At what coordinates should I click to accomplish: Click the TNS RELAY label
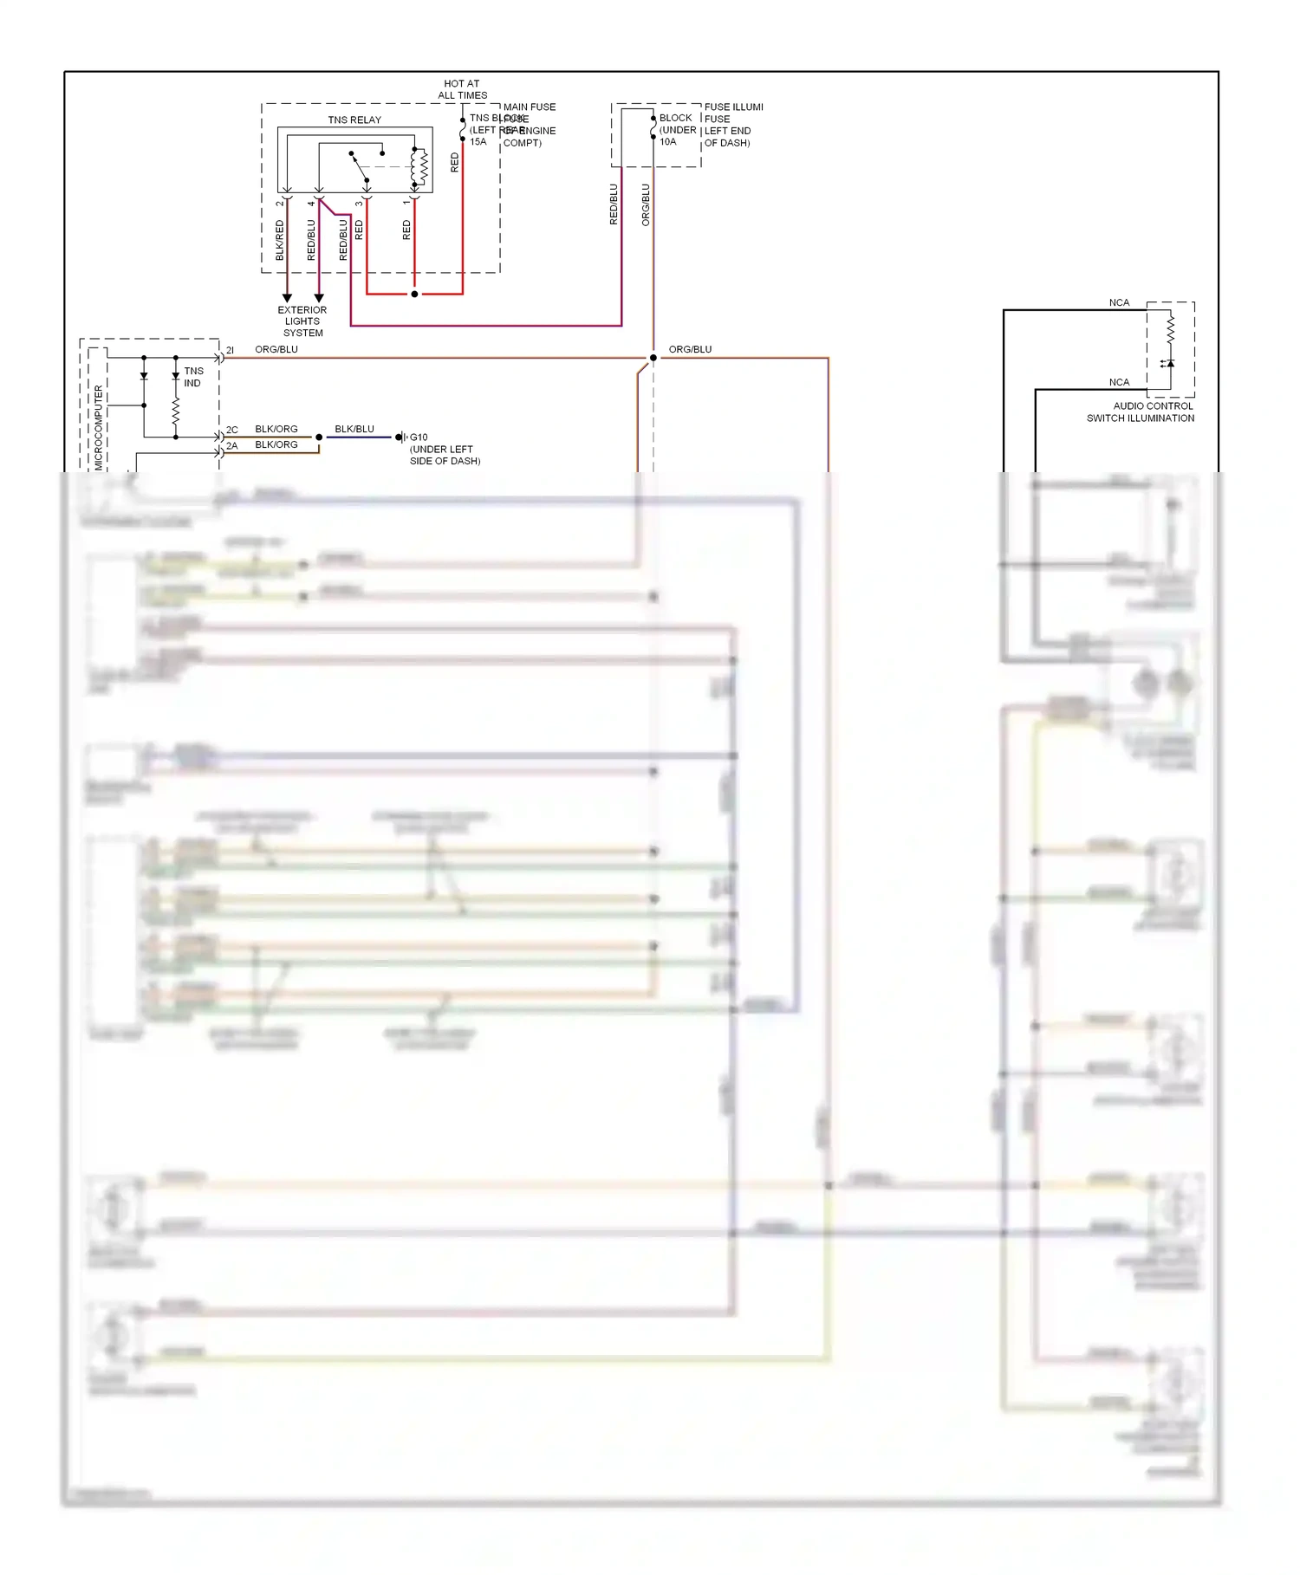coord(354,120)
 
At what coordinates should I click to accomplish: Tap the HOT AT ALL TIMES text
coord(462,89)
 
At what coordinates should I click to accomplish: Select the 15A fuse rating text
coord(478,142)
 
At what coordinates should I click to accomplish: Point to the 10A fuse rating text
coord(667,142)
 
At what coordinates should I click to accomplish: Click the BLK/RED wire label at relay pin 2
coord(279,240)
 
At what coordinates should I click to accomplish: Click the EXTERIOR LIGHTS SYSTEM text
coord(302,321)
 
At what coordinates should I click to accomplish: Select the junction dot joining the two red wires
coord(414,295)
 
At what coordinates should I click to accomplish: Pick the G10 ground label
coord(419,437)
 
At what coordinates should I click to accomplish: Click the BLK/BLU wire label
coord(354,429)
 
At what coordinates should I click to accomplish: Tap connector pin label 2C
coord(232,430)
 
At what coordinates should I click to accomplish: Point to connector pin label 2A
coord(232,446)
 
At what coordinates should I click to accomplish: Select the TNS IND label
coord(193,377)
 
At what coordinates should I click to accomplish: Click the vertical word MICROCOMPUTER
coord(98,427)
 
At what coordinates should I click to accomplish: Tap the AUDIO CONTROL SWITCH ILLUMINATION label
coord(1141,412)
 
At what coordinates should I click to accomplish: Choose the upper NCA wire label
coord(1119,302)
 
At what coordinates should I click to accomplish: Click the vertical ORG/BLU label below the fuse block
coord(645,204)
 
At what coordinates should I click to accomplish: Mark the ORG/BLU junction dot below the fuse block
coord(653,358)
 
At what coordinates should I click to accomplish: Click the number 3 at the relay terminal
coord(359,204)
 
